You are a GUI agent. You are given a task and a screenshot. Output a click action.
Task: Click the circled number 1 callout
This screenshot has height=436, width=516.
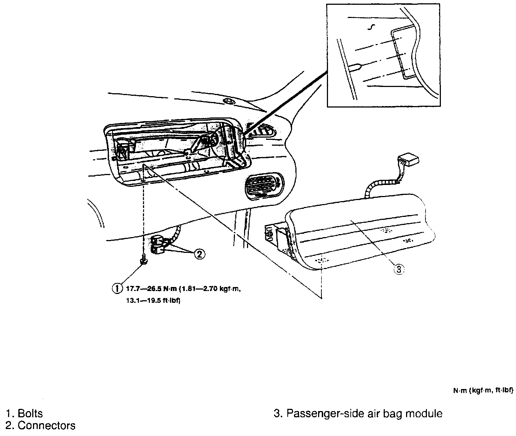click(117, 288)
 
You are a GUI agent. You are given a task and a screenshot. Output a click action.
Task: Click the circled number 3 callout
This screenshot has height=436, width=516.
click(398, 269)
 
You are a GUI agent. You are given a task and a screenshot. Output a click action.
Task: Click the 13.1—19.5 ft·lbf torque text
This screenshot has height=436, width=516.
click(154, 300)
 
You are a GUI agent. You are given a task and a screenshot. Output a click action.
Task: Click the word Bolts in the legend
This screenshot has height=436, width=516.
click(30, 414)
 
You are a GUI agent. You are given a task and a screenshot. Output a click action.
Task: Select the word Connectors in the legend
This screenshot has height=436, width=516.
click(47, 426)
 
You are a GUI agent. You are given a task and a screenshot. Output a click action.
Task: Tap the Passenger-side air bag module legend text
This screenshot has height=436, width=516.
click(364, 414)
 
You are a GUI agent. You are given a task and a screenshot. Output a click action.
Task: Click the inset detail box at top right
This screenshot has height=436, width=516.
click(383, 55)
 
